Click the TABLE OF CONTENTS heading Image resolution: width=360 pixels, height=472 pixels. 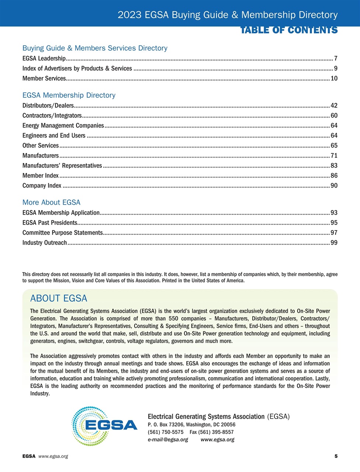289,30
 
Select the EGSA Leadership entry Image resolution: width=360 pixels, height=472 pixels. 44,58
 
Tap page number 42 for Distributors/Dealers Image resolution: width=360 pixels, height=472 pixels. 334,105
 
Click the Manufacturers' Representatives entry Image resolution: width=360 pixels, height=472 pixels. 62,166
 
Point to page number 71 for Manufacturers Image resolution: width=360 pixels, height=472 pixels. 334,156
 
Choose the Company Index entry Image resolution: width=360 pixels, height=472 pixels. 42,185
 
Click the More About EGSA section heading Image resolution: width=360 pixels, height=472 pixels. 51,202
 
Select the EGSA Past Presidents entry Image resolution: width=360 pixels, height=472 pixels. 50,223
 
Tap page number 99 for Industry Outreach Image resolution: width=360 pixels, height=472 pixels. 334,243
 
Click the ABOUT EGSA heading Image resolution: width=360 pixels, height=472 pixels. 59,298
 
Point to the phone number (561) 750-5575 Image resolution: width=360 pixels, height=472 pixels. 166,432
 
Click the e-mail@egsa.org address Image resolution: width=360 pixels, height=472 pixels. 168,440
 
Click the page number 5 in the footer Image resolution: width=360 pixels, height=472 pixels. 336,456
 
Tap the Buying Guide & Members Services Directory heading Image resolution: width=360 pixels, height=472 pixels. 95,48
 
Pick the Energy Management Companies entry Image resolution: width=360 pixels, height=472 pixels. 63,125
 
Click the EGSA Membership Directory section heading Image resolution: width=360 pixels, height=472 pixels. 69,95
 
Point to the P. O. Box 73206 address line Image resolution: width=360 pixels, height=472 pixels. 191,424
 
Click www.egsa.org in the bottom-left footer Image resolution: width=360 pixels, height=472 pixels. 53,456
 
